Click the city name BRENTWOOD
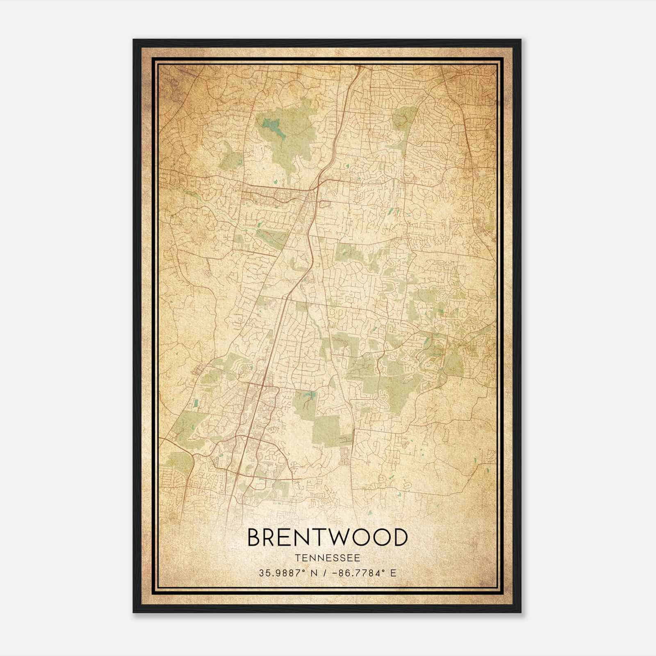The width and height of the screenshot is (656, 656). click(328, 538)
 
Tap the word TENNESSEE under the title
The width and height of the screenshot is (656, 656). click(328, 558)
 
